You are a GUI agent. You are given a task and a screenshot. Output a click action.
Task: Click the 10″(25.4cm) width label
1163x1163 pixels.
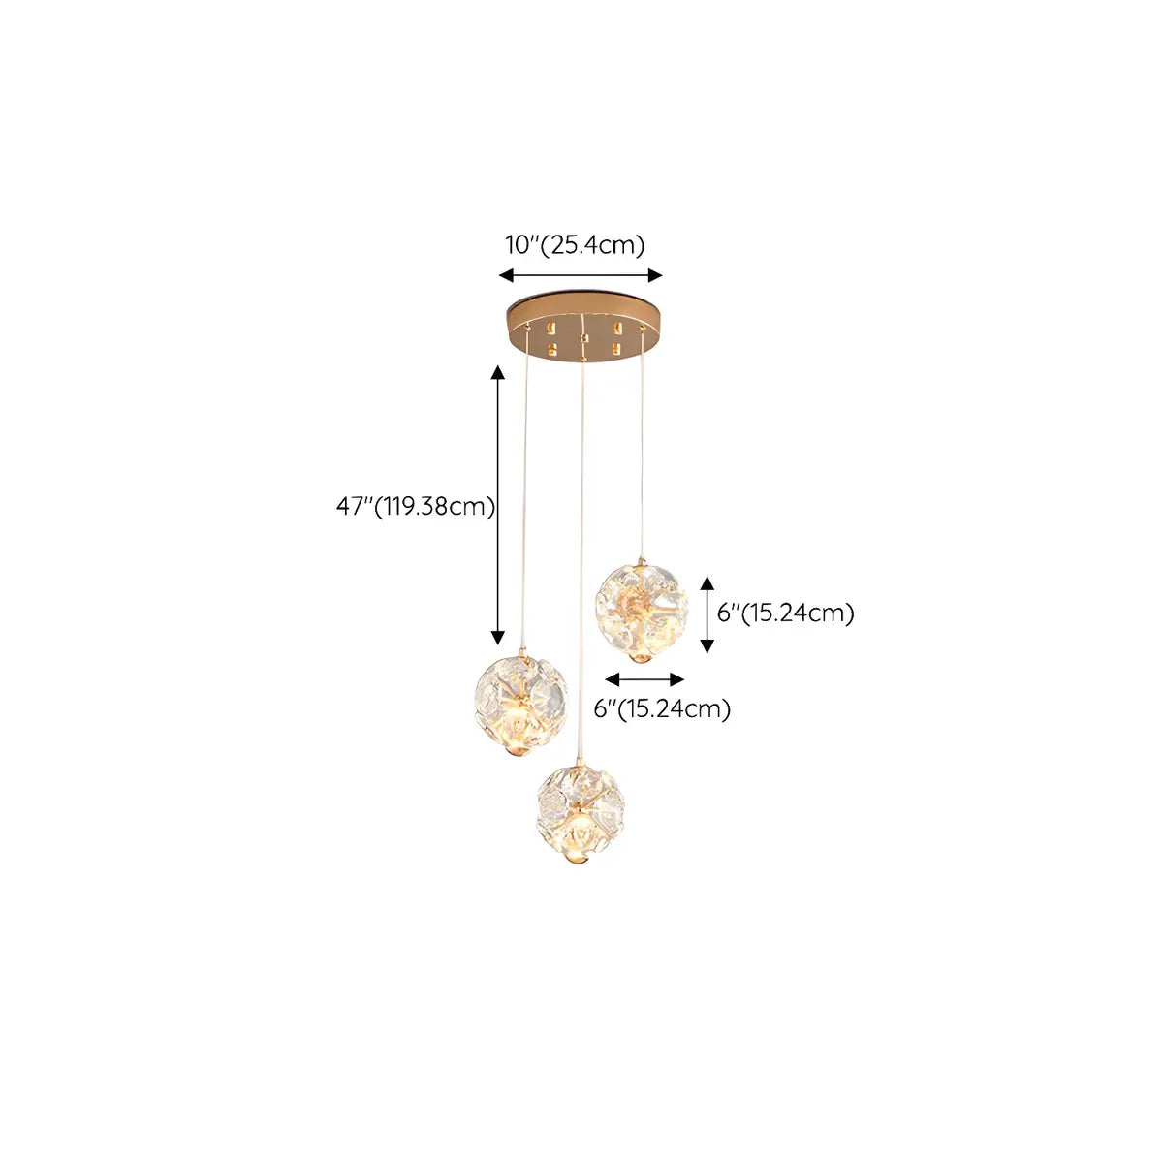575,245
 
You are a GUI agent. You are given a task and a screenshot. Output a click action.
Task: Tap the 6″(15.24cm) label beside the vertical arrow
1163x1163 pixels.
785,613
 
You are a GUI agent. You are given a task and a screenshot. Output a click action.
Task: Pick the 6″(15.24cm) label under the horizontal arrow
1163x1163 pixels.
662,709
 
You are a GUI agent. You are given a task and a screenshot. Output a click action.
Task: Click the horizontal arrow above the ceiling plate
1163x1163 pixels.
581,275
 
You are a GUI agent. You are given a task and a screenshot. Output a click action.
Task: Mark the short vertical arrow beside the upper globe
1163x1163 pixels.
707,613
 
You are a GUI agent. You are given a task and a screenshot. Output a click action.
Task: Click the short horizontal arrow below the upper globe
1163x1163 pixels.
644,678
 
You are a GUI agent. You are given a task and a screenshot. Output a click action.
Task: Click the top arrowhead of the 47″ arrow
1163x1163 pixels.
498,373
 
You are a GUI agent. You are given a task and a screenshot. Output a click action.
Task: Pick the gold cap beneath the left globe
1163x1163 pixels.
520,753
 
